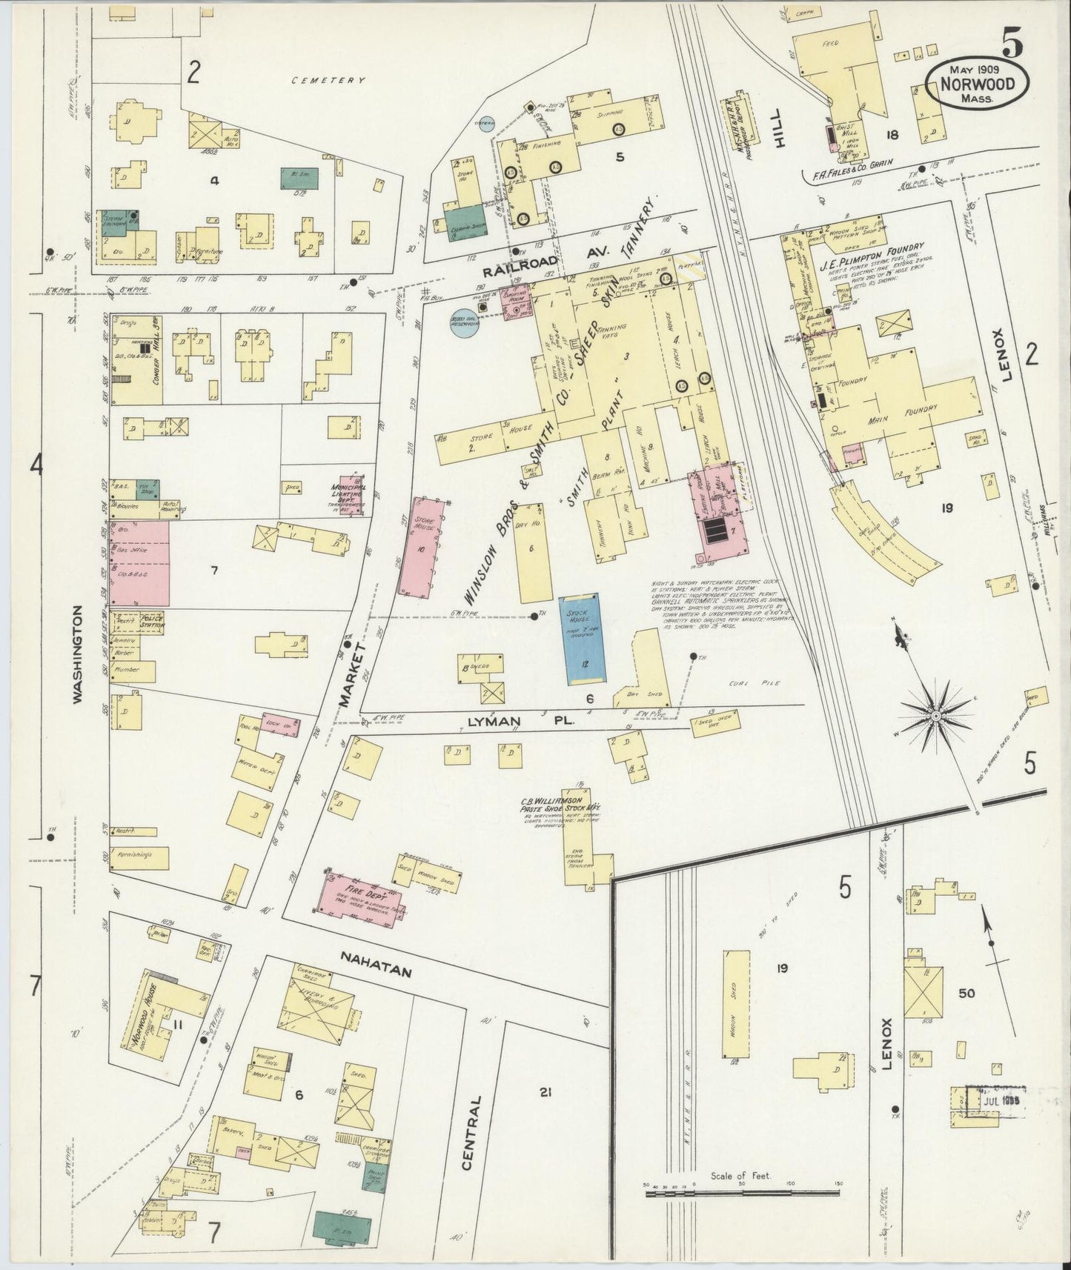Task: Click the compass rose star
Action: tap(935, 717)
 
